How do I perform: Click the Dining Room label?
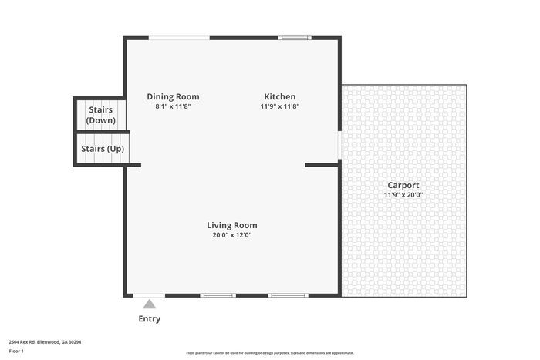tap(173, 96)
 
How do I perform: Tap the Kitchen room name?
tap(279, 96)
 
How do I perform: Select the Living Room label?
tap(232, 225)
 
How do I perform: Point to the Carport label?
tap(403, 186)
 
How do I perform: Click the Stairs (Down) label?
tap(101, 115)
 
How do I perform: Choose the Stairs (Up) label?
tap(103, 149)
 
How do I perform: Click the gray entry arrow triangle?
tap(149, 304)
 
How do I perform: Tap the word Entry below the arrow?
tap(150, 318)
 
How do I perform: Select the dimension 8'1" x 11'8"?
tap(173, 106)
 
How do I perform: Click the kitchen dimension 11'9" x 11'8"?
tap(279, 106)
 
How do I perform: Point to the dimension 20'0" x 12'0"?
tap(232, 235)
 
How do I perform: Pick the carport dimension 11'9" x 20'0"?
tap(403, 195)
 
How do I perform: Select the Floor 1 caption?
tap(16, 351)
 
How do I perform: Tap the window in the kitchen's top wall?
tap(295, 38)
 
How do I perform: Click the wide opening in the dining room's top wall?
tap(179, 38)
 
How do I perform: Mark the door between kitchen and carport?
tap(339, 145)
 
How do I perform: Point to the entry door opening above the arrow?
tap(149, 295)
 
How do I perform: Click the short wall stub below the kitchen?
tap(322, 165)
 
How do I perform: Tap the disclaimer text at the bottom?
tap(270, 353)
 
